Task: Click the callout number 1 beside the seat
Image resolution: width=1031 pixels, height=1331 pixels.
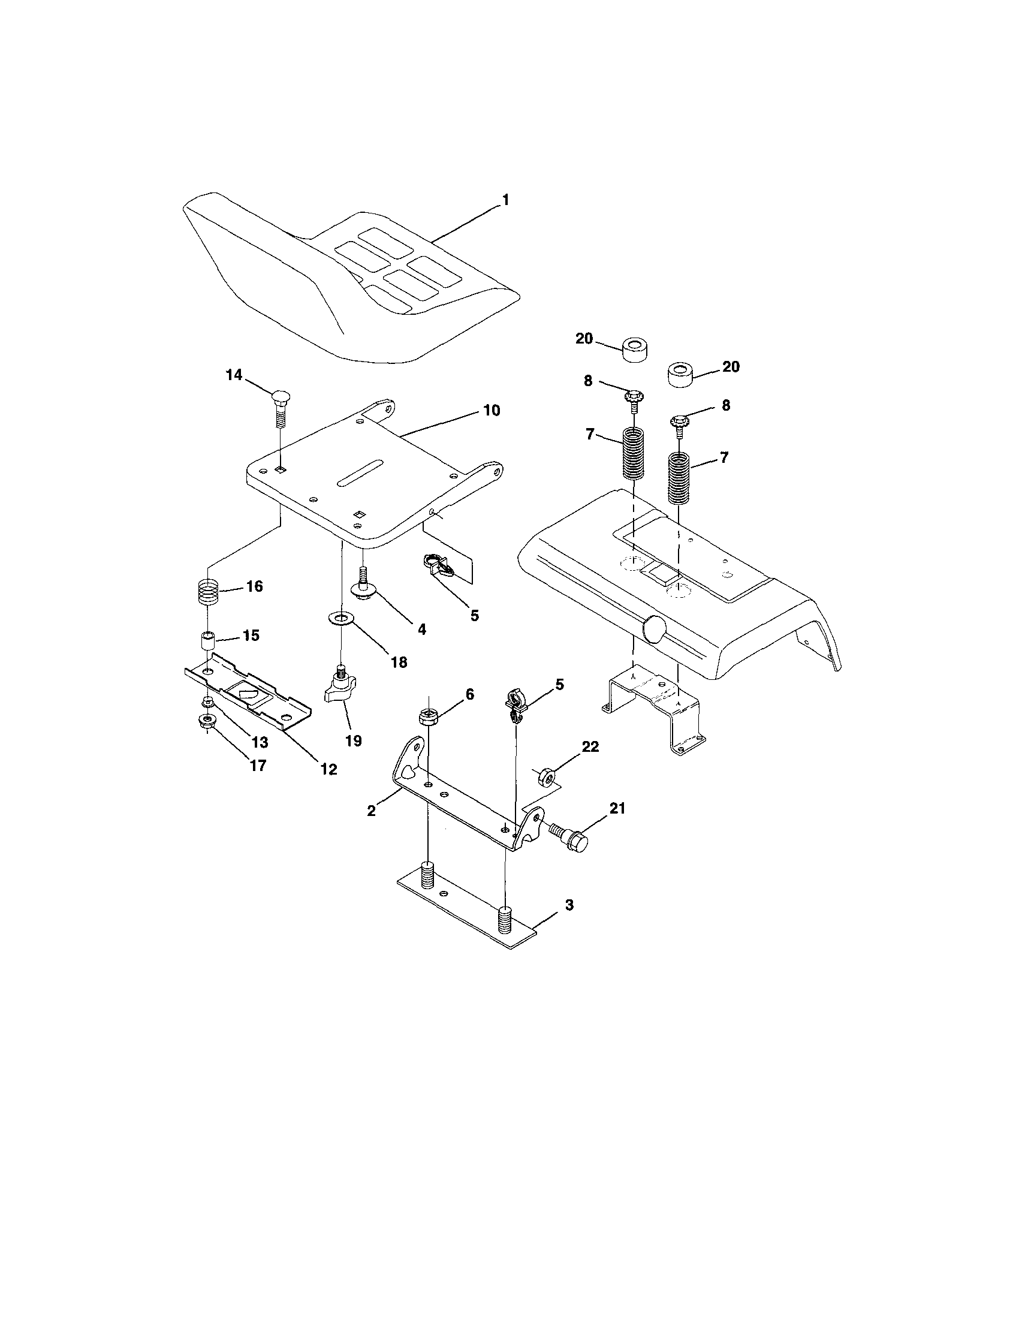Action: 505,200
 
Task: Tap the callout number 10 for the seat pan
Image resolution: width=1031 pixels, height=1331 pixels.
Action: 491,410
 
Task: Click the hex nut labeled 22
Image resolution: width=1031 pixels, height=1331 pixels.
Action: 546,775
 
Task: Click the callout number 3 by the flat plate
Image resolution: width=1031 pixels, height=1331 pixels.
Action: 569,922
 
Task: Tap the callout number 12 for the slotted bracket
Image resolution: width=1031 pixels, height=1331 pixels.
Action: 328,769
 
